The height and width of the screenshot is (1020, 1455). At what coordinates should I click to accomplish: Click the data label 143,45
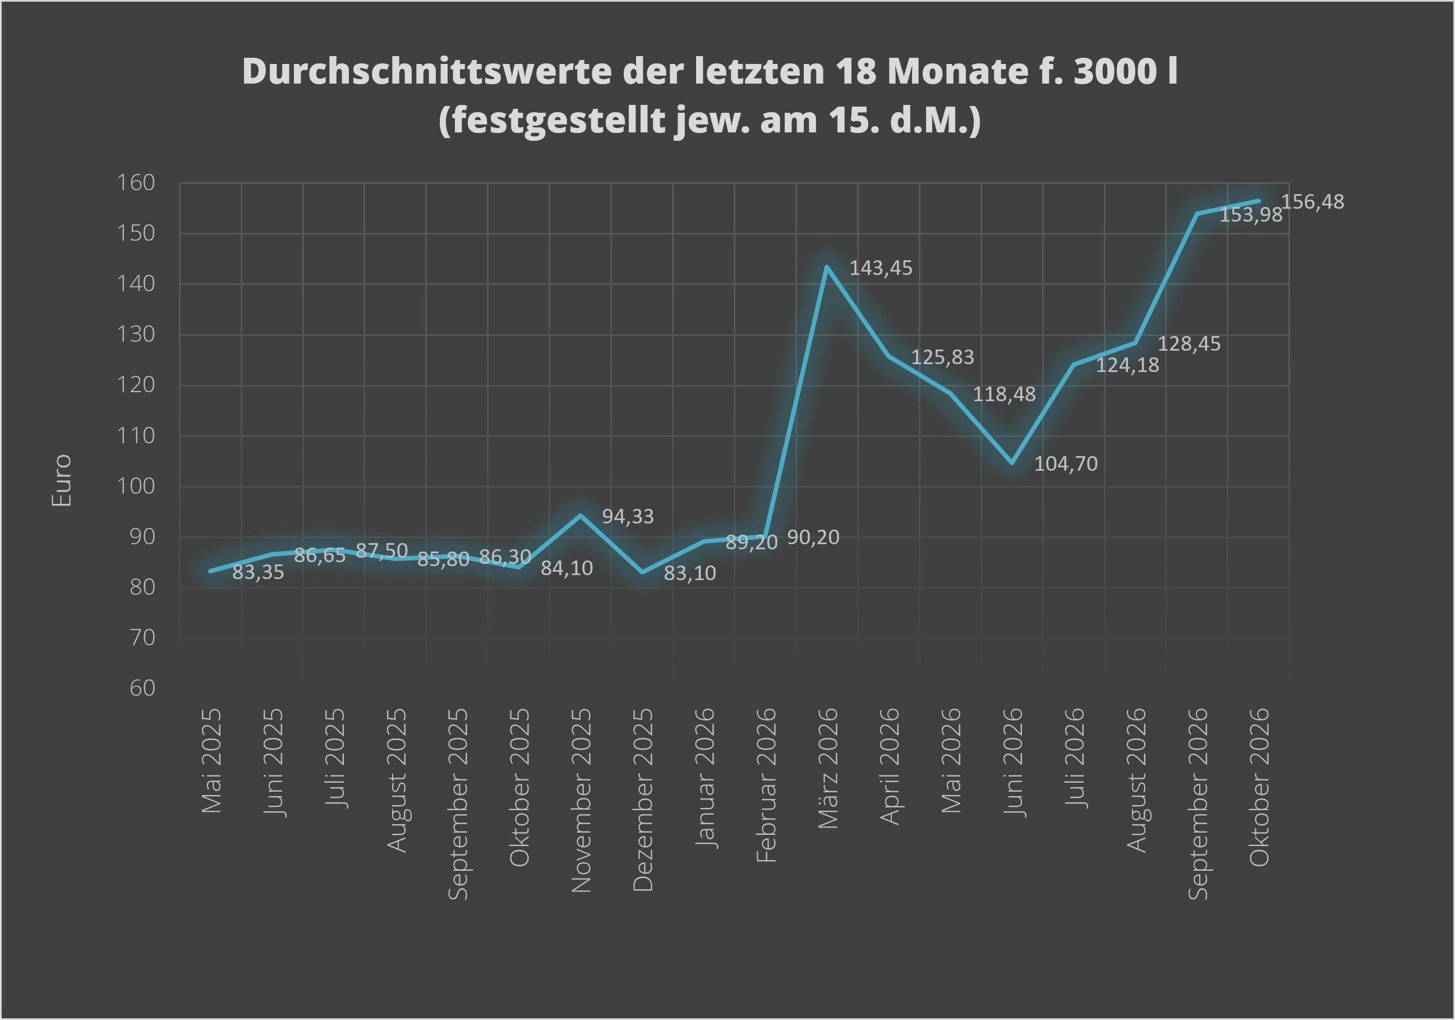tap(880, 268)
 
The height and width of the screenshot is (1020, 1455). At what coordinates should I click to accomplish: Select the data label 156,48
tap(1313, 202)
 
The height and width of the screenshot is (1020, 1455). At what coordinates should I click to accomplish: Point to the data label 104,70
tap(1066, 464)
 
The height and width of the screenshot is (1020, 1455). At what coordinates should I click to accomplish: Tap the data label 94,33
tap(627, 517)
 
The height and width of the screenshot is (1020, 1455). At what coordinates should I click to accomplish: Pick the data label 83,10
tap(689, 573)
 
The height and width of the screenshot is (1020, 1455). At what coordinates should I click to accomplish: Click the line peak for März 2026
tap(827, 267)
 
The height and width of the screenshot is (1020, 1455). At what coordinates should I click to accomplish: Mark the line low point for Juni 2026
tap(1012, 463)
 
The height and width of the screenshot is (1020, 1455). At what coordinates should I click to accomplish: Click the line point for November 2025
tap(581, 516)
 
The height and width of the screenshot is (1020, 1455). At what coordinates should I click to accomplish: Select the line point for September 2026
tap(1197, 214)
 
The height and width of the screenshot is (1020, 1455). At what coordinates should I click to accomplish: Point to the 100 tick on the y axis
tap(136, 486)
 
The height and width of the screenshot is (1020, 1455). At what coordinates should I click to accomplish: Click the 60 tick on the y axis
tap(142, 688)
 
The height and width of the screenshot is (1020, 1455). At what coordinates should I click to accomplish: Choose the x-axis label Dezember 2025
tap(643, 800)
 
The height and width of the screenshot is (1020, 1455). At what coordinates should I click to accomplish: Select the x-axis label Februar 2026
tap(766, 785)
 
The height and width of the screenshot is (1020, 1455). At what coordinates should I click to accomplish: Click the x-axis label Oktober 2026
tap(1259, 787)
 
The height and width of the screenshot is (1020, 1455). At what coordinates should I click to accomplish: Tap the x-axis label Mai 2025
tap(211, 761)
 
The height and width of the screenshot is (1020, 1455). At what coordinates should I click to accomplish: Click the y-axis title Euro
tap(62, 480)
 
